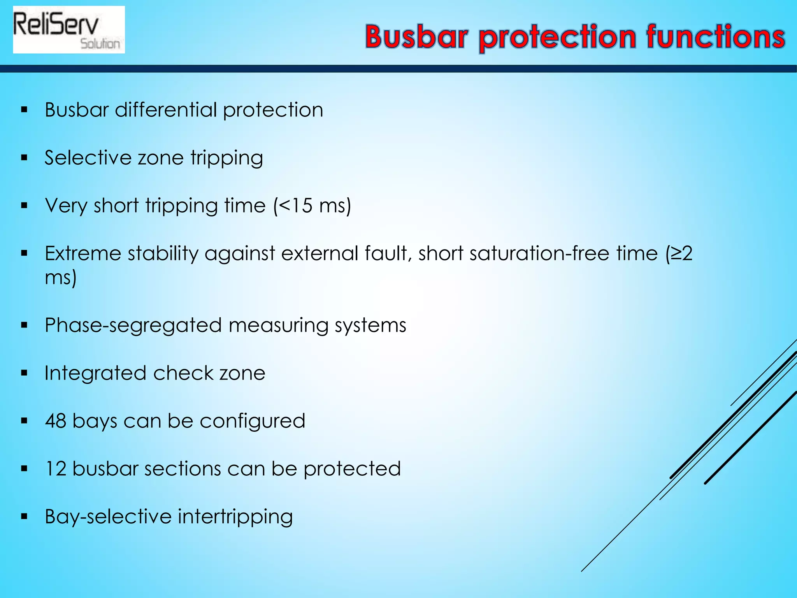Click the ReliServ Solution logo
click(x=69, y=30)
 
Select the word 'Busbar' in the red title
click(x=416, y=37)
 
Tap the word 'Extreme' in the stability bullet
click(x=83, y=253)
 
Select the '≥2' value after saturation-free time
click(x=682, y=253)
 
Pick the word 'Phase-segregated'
click(x=133, y=325)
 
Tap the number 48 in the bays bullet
click(x=55, y=421)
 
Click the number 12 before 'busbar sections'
click(x=56, y=469)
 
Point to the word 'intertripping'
click(x=235, y=517)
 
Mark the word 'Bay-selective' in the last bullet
click(x=108, y=517)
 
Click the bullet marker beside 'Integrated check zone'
click(x=25, y=373)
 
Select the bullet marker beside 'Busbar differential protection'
click(x=25, y=110)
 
